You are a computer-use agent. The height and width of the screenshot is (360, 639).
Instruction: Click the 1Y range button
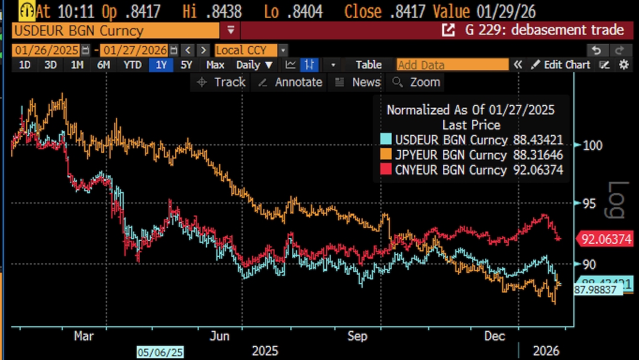(x=161, y=65)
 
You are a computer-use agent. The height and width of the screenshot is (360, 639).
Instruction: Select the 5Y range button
(x=186, y=65)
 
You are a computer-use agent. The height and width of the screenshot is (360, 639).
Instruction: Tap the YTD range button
(x=133, y=65)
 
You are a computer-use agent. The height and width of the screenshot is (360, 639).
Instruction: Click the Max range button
(x=215, y=65)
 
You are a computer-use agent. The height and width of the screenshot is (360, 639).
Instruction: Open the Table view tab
(x=369, y=65)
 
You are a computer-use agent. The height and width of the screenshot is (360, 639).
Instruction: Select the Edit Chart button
(x=561, y=65)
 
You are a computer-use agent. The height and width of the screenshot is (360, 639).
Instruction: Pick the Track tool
(x=221, y=82)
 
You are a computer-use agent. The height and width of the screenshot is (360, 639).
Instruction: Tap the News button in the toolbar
(x=359, y=82)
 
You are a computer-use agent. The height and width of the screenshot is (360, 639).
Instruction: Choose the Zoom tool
(x=417, y=82)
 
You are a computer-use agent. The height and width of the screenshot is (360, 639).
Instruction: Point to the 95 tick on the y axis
(x=588, y=204)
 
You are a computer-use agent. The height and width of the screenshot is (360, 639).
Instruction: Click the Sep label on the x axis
(x=357, y=336)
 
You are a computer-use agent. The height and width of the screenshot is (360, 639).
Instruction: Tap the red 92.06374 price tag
(x=606, y=239)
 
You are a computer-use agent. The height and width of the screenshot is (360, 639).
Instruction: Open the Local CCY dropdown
(x=251, y=50)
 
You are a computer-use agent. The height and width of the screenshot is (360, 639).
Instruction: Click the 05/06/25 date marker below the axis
(x=160, y=352)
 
